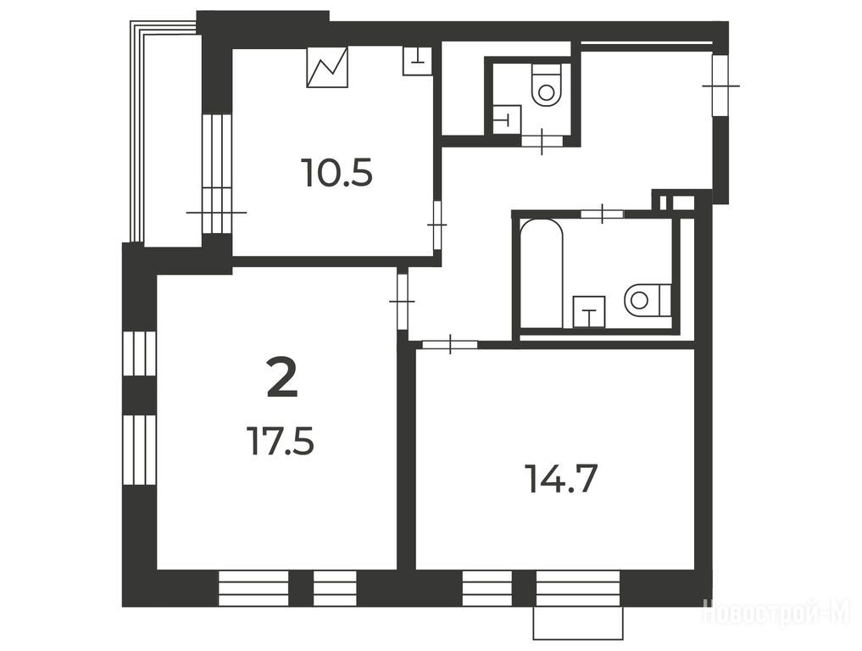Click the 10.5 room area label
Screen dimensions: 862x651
click(337, 172)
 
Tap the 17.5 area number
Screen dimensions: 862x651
click(281, 442)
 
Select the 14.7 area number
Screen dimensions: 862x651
click(561, 478)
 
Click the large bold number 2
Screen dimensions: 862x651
click(282, 376)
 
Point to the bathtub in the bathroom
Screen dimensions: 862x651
click(541, 273)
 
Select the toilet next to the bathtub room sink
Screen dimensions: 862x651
click(648, 300)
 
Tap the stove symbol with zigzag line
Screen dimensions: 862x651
click(328, 67)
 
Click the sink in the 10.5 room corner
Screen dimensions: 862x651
click(417, 60)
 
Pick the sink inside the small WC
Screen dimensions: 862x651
click(507, 120)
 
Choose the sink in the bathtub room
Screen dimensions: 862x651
click(589, 312)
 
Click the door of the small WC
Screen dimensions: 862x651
click(542, 141)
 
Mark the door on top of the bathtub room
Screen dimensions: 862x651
click(603, 214)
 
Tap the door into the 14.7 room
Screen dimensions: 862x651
click(450, 344)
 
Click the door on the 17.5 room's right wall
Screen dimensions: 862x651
click(402, 301)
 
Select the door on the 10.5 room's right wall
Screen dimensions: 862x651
click(437, 225)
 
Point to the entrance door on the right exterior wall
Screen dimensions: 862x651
click(719, 86)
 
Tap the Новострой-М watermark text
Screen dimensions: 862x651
click(778, 612)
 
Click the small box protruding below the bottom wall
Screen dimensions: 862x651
click(578, 623)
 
